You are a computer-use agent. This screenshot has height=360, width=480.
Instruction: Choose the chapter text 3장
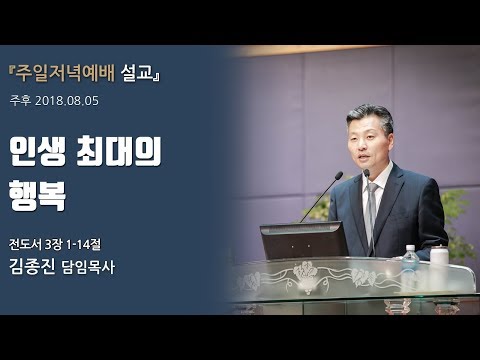pyautogui.click(x=64, y=243)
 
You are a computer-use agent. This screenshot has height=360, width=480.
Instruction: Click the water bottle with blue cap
pyautogui.click(x=410, y=262)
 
